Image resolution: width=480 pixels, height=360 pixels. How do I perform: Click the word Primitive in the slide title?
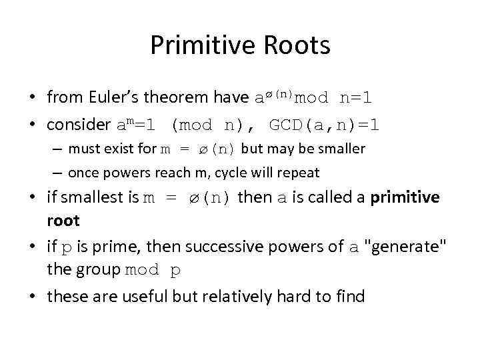195,46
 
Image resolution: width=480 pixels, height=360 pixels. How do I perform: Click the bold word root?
63,221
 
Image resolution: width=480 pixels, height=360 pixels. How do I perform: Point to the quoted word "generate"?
408,247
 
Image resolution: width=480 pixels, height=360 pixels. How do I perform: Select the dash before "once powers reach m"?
58,173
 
